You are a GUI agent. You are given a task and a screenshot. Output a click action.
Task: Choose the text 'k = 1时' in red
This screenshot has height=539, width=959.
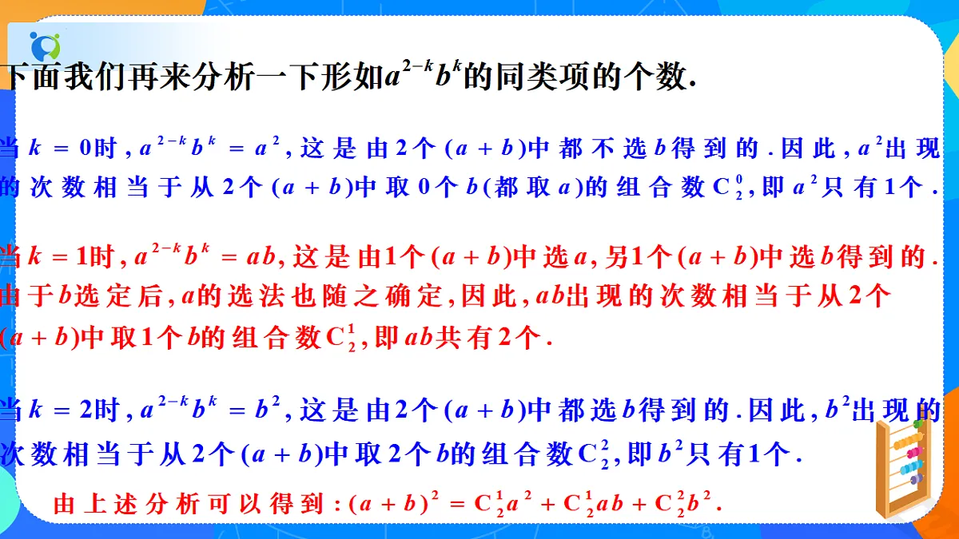click(x=74, y=256)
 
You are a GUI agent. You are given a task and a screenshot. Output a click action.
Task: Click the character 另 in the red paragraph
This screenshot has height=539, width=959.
click(x=619, y=256)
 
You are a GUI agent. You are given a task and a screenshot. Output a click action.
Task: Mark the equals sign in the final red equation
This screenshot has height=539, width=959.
click(x=456, y=504)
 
